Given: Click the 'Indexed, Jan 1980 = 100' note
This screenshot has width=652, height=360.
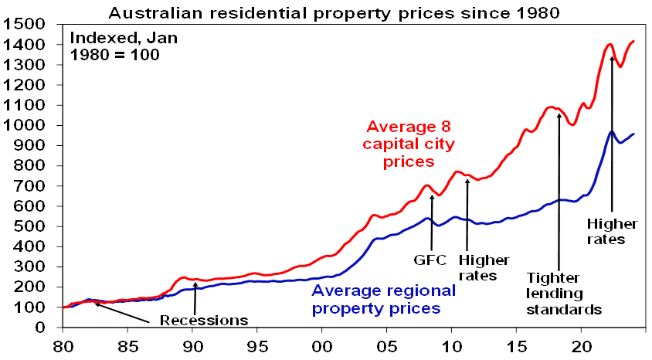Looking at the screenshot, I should (116, 46).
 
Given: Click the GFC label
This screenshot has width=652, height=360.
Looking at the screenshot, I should (430, 260).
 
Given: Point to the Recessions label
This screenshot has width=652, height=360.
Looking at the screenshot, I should (204, 320).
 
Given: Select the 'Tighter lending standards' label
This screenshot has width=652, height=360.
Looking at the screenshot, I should (563, 294).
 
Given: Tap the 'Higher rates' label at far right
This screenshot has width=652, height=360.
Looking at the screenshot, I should (613, 231).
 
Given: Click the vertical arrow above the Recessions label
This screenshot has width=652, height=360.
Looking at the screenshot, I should (195, 297).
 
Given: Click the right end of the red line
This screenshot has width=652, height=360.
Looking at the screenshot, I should (633, 41).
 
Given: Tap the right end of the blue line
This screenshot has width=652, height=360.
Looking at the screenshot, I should (633, 134).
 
